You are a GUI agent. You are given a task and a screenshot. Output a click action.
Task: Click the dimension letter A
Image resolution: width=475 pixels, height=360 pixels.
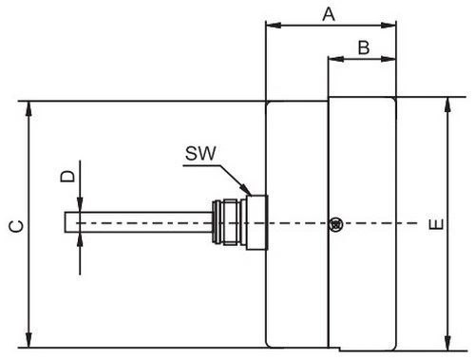coord(329,14)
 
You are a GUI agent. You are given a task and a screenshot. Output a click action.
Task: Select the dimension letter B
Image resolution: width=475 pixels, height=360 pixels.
coord(364,47)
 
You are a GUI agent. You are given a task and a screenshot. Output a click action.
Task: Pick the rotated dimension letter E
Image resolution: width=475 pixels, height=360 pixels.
coord(436,224)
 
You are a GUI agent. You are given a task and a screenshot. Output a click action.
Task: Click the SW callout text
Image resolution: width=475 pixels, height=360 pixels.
coord(200,153)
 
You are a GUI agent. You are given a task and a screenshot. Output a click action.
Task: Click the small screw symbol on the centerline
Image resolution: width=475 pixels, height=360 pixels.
coord(336,224)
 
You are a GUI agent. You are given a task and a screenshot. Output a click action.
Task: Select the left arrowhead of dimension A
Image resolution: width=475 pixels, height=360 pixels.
coord(274,25)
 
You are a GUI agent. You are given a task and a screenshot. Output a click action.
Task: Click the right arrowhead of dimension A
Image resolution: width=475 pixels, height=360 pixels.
coord(389,25)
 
